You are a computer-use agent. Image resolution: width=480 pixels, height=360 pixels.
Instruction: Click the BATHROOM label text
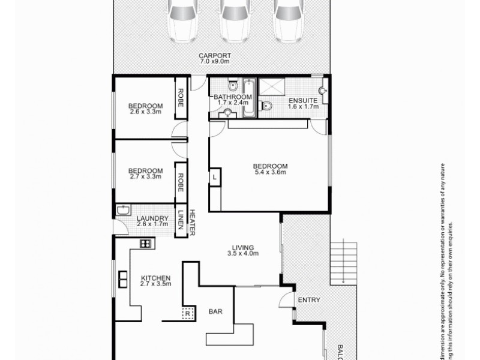point(232,97)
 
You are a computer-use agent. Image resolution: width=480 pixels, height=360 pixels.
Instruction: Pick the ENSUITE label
point(302,100)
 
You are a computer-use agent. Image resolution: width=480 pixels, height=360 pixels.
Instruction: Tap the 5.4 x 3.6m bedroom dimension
point(270,173)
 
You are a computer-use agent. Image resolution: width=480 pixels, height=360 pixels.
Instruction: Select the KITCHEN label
point(156,278)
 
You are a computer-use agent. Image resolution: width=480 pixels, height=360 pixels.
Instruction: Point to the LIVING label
point(243,247)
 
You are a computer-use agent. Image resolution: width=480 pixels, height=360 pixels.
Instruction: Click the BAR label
point(216,312)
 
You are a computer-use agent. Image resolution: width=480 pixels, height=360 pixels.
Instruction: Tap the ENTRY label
point(308,300)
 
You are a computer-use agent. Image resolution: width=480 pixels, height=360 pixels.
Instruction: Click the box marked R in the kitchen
point(187,313)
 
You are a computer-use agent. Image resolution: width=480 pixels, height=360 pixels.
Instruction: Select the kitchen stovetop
point(145,243)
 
